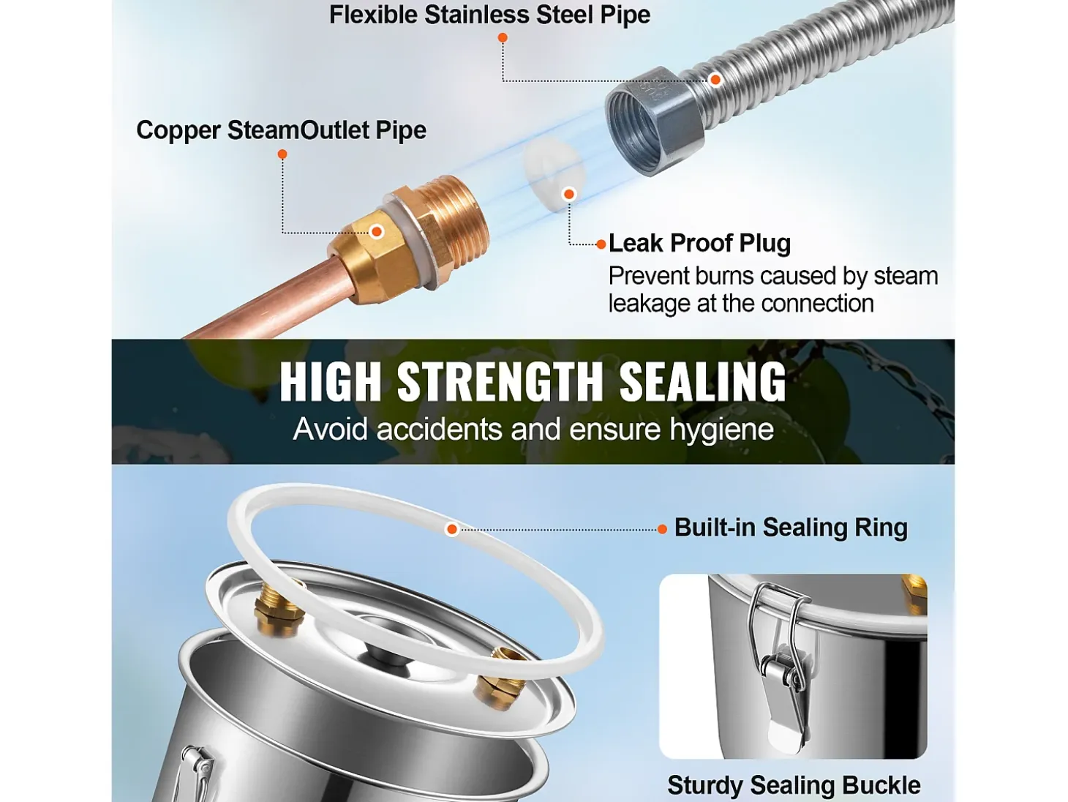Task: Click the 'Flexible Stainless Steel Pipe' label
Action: (489, 15)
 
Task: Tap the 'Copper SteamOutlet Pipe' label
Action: (281, 130)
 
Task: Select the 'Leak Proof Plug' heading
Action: (699, 244)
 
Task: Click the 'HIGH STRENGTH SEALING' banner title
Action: (533, 381)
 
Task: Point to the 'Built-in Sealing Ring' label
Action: (791, 528)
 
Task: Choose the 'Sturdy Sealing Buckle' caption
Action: (794, 785)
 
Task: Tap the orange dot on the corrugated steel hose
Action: (715, 79)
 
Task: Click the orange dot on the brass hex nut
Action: (376, 232)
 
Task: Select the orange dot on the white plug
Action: (569, 195)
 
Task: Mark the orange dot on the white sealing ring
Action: (452, 529)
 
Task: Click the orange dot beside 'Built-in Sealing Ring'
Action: (662, 529)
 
